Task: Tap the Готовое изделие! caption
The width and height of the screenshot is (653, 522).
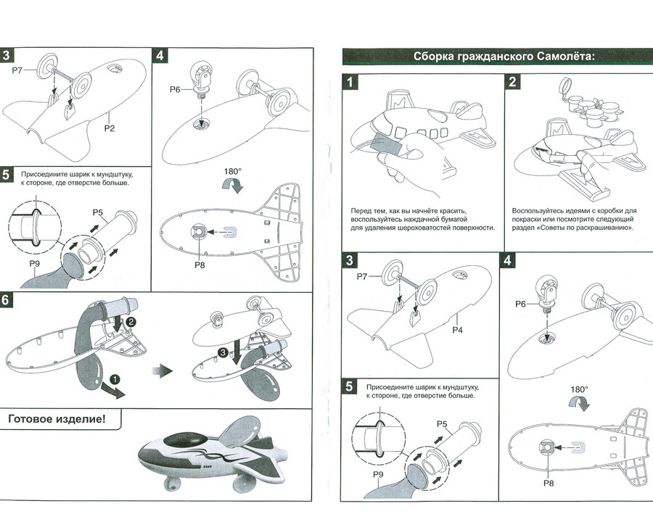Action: (x=56, y=418)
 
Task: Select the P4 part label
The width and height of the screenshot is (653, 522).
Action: (x=458, y=330)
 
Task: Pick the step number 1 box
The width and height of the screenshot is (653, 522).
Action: (x=350, y=81)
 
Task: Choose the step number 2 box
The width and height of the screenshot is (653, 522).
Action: (x=512, y=81)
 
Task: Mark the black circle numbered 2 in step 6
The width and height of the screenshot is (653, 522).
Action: (x=131, y=320)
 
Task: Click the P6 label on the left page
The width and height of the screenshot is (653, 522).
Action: (x=175, y=89)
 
